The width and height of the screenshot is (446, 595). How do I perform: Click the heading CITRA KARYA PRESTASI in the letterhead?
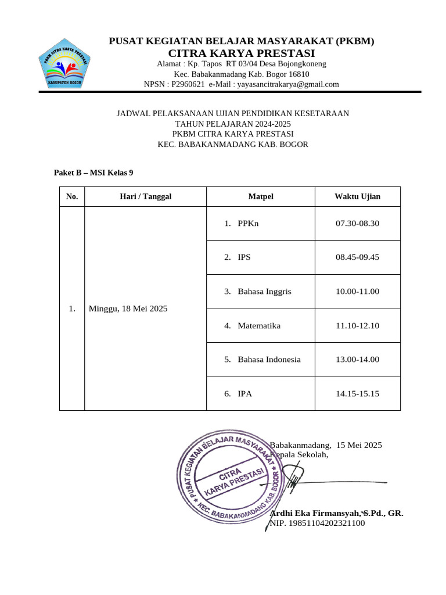pos(242,53)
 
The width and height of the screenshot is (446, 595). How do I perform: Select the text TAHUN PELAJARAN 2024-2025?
pos(233,124)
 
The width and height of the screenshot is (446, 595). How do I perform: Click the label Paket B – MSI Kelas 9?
pos(93,173)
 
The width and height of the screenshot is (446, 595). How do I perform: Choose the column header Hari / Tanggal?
pos(145,196)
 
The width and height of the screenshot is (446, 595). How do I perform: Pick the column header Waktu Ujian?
pos(357,196)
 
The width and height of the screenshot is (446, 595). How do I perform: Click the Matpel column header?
pos(261,196)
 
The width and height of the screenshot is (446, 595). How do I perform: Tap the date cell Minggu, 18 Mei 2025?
pos(128,309)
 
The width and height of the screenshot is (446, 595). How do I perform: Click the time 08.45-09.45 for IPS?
pos(357,257)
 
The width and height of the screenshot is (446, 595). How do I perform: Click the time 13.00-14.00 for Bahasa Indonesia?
pos(357,359)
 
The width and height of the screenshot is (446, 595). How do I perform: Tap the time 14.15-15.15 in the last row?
pos(357,393)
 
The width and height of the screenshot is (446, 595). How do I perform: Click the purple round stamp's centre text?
pos(231,478)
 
